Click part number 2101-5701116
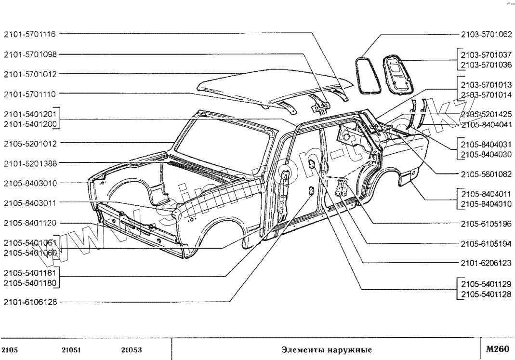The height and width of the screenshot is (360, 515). pyautogui.click(x=29, y=34)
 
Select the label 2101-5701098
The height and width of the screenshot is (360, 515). pyautogui.click(x=29, y=54)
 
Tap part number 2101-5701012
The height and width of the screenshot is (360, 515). pyautogui.click(x=29, y=74)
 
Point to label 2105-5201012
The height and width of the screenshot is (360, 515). pyautogui.click(x=29, y=143)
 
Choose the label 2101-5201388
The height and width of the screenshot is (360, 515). pyautogui.click(x=29, y=163)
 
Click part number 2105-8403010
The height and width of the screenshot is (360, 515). pyautogui.click(x=29, y=183)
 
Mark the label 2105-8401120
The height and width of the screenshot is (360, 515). pyautogui.click(x=29, y=223)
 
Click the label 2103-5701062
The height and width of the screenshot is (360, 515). pyautogui.click(x=486, y=34)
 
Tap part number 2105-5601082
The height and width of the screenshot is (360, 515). pyautogui.click(x=486, y=173)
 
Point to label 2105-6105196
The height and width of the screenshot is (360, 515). pyautogui.click(x=486, y=224)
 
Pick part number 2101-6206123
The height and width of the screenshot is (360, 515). pyautogui.click(x=486, y=263)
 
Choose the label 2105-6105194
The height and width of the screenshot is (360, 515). pyautogui.click(x=486, y=243)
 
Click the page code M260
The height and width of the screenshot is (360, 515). pyautogui.click(x=497, y=348)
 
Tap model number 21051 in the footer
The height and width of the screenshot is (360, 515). pyautogui.click(x=71, y=349)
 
